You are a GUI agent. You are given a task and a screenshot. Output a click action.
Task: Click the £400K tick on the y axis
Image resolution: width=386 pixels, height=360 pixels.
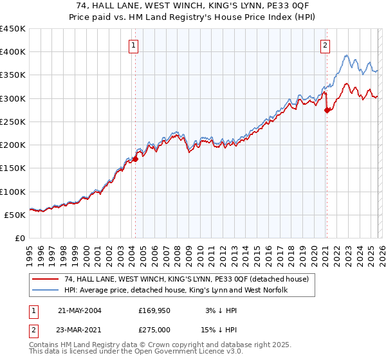(x=13, y=52)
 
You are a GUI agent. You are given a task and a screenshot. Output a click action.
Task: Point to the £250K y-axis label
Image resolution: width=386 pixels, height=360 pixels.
(x=13, y=122)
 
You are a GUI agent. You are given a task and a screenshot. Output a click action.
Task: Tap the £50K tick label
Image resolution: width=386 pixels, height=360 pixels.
(x=15, y=215)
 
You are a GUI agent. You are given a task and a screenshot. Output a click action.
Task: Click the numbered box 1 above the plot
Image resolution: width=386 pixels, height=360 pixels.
(x=133, y=45)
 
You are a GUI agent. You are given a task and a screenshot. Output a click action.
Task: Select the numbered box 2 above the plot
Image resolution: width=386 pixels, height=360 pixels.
(x=326, y=45)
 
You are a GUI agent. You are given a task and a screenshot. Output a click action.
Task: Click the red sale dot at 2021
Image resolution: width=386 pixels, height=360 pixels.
(x=327, y=110)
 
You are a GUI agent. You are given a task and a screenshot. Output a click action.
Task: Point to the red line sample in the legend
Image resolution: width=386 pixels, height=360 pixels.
(x=46, y=280)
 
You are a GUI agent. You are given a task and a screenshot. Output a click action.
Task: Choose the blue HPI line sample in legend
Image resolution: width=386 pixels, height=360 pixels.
(x=46, y=291)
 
